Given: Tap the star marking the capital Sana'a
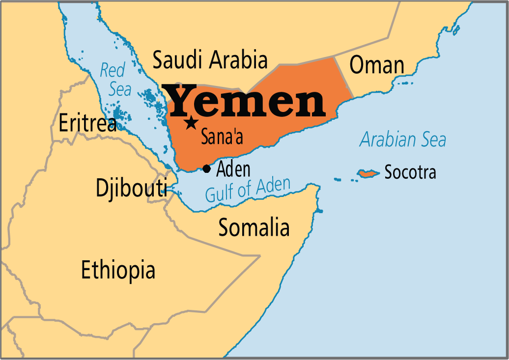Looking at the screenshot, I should [191, 122].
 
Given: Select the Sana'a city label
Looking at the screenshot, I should [222, 138].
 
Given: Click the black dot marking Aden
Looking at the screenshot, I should [206, 169].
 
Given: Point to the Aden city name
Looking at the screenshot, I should [233, 169].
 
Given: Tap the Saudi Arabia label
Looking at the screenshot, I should [210, 60].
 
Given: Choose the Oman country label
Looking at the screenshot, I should [377, 65].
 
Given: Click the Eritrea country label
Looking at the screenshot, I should [87, 123].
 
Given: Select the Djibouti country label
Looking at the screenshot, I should [131, 189].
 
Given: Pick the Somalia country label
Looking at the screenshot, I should [254, 227].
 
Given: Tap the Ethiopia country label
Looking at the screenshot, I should [118, 270].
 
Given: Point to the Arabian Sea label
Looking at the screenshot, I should [403, 140].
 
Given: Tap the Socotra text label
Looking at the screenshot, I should [410, 172].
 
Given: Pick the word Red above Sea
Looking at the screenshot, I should [113, 70].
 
